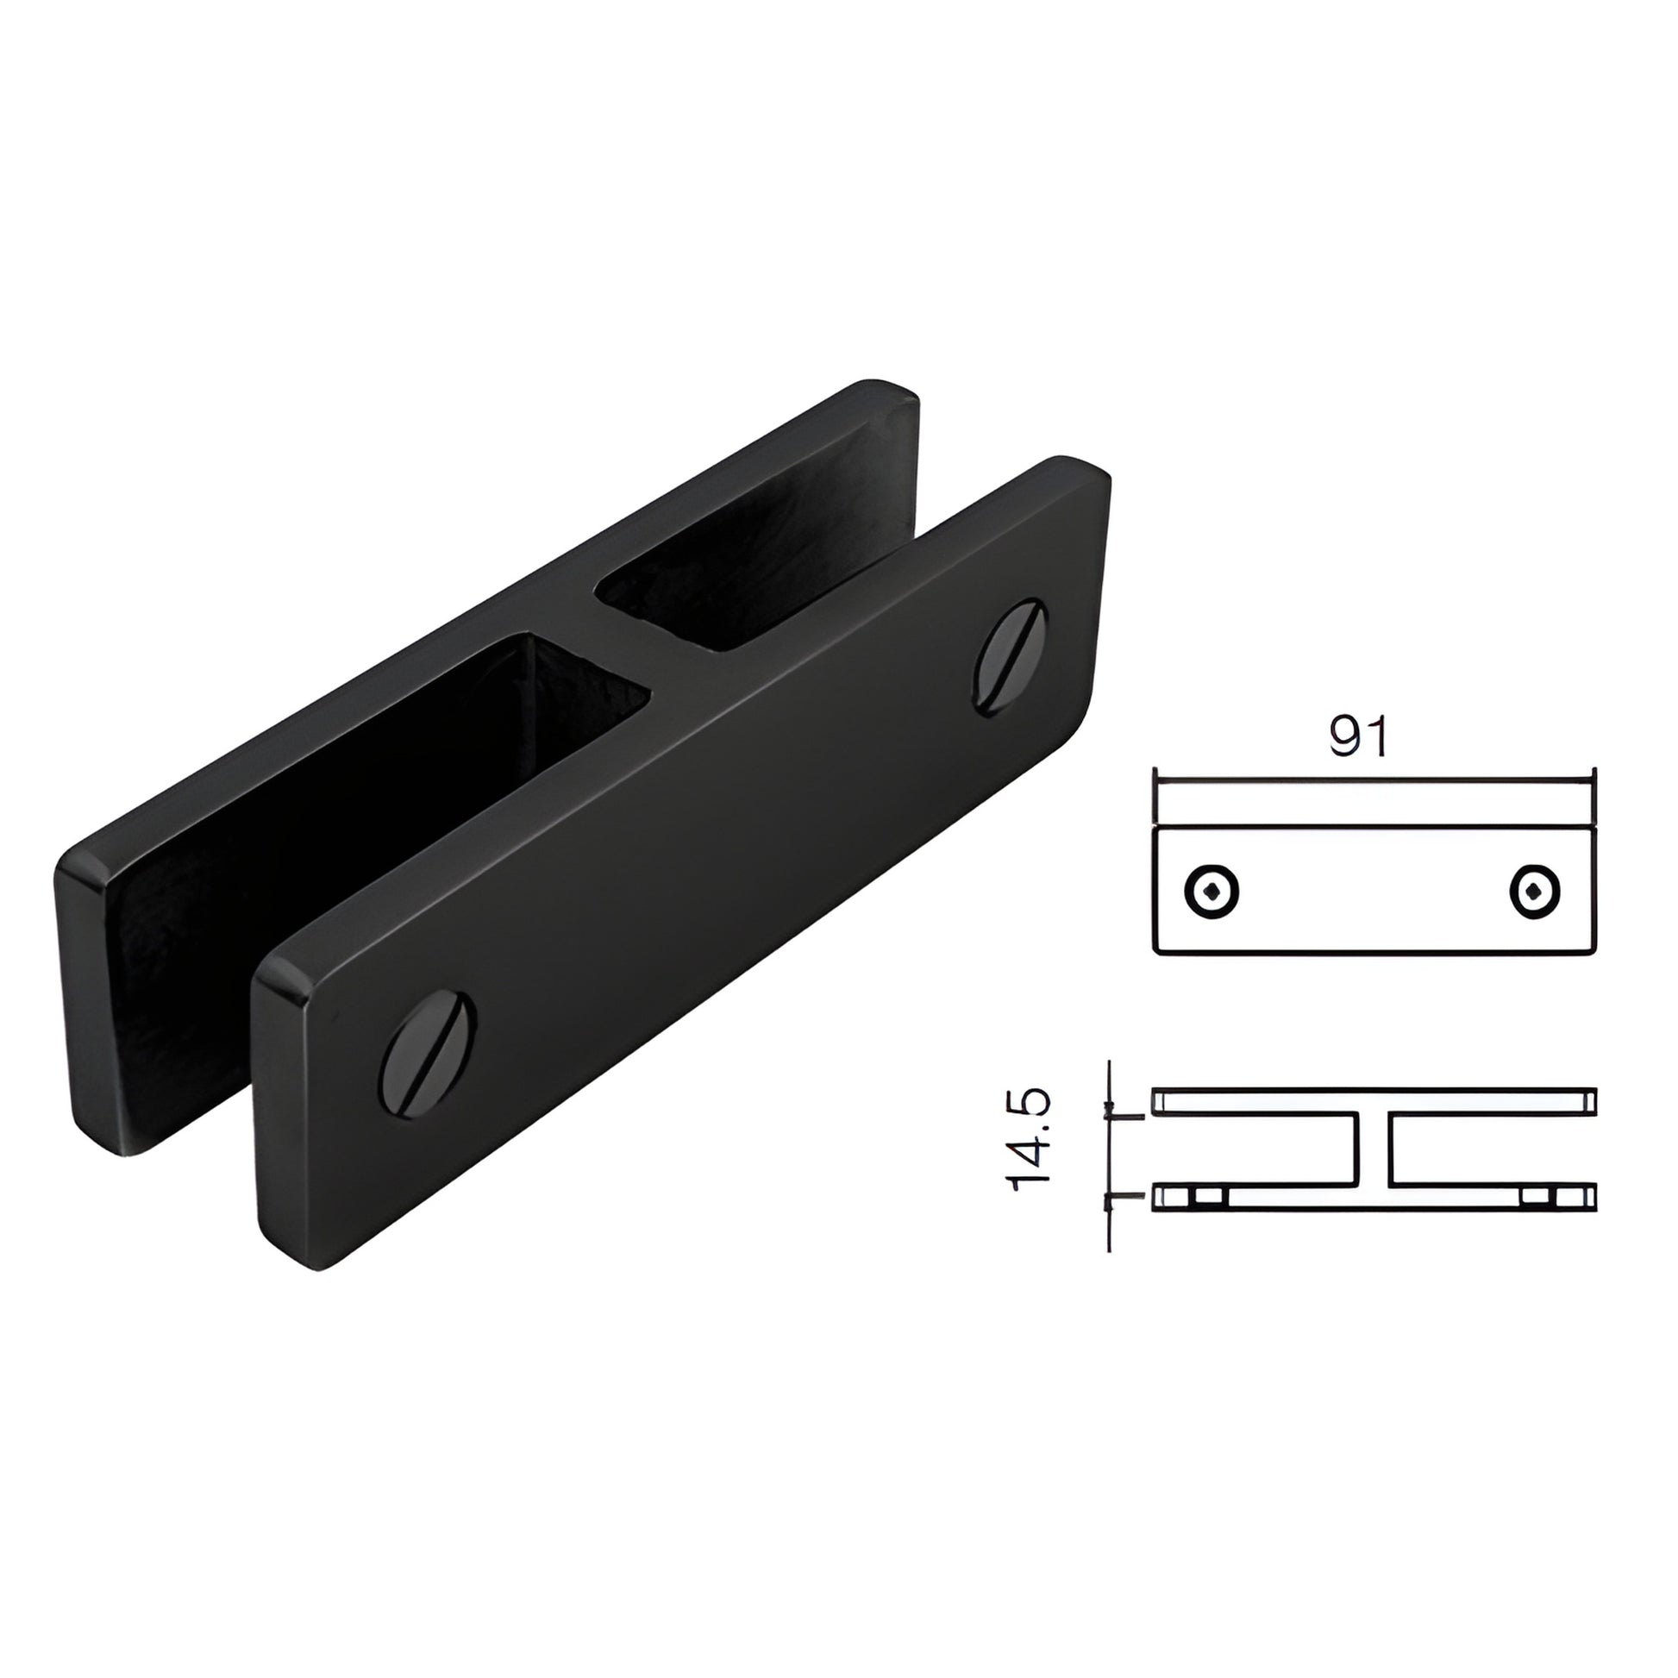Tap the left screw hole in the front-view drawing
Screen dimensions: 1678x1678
(1212, 890)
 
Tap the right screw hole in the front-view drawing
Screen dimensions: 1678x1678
(1535, 890)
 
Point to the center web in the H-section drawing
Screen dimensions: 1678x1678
(1372, 1149)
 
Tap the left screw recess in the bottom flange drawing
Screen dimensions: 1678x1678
(1205, 1197)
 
